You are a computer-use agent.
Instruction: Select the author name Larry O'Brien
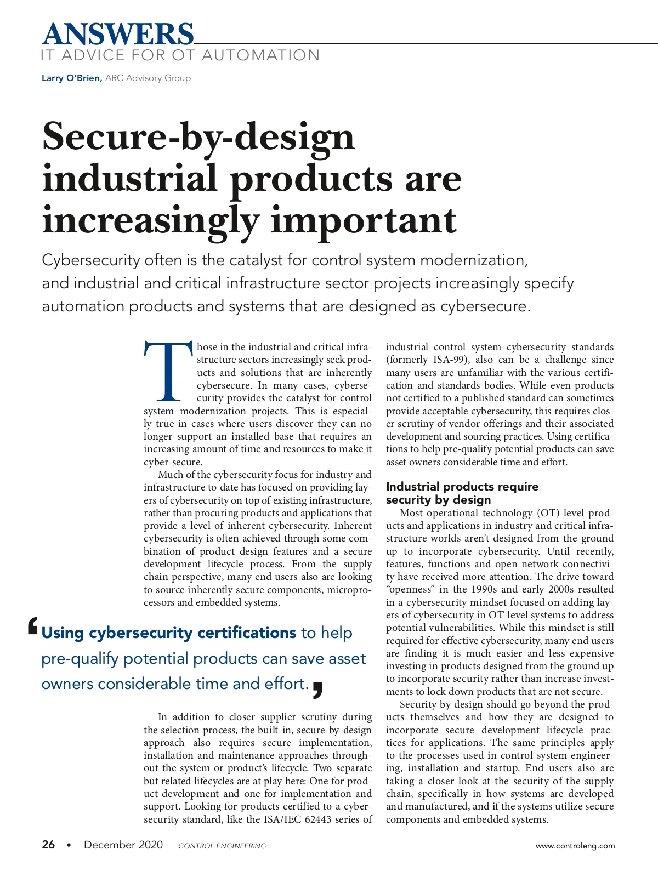click(x=71, y=78)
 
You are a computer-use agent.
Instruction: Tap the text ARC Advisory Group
click(x=148, y=78)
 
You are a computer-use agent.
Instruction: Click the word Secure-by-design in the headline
click(x=198, y=137)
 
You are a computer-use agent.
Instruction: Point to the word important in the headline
click(x=364, y=220)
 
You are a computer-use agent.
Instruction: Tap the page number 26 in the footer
click(x=48, y=845)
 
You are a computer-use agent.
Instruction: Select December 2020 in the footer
click(x=123, y=845)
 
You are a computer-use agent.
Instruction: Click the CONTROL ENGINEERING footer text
click(x=222, y=846)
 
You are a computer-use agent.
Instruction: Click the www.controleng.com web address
click(x=575, y=846)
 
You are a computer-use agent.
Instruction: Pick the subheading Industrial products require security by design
click(x=462, y=493)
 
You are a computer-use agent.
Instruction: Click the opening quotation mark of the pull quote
click(x=32, y=627)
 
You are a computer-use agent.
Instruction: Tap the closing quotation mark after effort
click(x=317, y=690)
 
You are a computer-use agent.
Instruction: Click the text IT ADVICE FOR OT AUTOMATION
click(x=180, y=55)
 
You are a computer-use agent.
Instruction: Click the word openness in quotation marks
click(x=410, y=589)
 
